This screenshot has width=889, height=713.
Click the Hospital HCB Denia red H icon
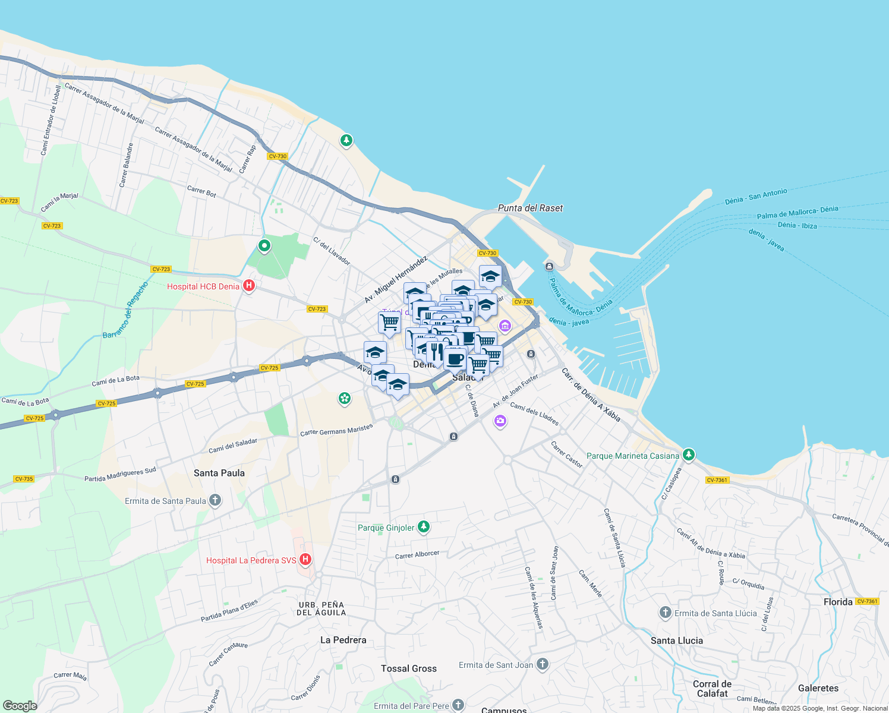click(x=249, y=286)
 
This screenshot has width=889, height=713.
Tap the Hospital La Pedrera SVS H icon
click(x=305, y=560)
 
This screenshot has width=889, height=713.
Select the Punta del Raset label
click(x=530, y=208)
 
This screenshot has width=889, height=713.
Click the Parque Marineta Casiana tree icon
click(x=688, y=455)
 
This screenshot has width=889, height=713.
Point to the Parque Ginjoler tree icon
click(x=423, y=527)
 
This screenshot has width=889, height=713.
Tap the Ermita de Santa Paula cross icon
click(x=215, y=500)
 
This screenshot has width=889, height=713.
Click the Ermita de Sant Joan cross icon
click(x=542, y=664)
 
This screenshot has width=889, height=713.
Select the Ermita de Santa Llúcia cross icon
click(x=665, y=613)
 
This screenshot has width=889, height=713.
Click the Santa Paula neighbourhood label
click(x=219, y=473)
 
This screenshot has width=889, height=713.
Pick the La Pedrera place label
click(x=343, y=640)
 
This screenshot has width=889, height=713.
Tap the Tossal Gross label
click(x=409, y=668)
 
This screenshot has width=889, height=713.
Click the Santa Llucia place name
click(x=677, y=641)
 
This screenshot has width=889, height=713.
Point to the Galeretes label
click(x=818, y=688)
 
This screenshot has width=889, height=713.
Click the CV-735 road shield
click(x=24, y=479)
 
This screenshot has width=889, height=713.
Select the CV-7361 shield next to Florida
click(x=867, y=601)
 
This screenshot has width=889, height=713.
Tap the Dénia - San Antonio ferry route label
click(x=756, y=197)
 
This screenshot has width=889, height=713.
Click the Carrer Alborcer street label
click(x=417, y=555)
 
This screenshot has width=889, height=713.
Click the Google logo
click(x=20, y=706)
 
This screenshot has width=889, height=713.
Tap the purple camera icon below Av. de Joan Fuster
click(x=500, y=421)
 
